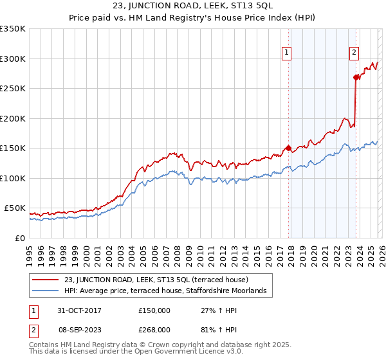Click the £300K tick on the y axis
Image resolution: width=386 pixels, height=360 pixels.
pos(13,59)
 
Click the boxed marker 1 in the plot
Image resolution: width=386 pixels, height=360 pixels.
pos(286,53)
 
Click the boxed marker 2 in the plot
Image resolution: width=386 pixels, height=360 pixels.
pos(354,53)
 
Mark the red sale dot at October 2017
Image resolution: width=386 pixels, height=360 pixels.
pos(288,148)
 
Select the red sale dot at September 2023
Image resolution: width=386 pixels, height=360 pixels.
pos(356,77)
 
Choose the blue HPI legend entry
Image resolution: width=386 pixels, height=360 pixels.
pos(169,291)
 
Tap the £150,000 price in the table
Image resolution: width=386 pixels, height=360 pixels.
pos(154,310)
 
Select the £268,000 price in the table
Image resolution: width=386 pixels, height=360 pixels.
pos(154,329)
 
